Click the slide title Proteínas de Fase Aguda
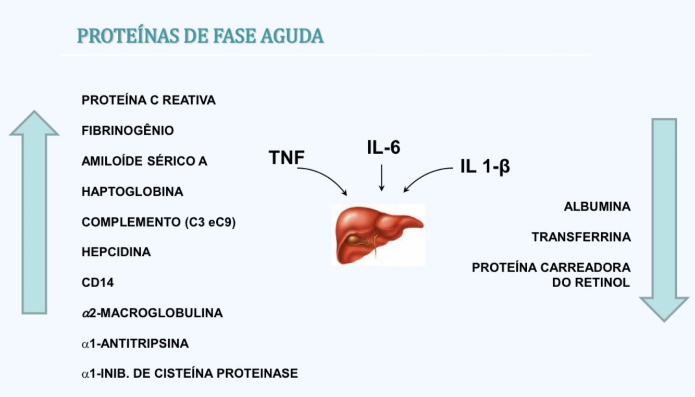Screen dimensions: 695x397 pos(201,36)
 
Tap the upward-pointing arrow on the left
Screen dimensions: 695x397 pos(34,214)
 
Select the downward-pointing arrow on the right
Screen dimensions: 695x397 pos(664,219)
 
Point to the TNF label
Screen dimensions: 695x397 pos(286,157)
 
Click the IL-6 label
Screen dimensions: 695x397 pos(383,148)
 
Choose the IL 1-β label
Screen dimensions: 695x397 pos(485,167)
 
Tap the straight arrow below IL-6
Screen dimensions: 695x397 pos(381,178)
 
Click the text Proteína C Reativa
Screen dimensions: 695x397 pos(148,100)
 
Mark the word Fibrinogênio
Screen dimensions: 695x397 pos(128,131)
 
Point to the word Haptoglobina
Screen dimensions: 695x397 pos(132,192)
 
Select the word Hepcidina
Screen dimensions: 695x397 pos(116,252)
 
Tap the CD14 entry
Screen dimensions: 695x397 pos(97,283)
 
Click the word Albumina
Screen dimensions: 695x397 pos(597,207)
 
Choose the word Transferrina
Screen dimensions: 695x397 pos(581,237)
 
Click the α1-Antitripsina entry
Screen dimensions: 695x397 pos(135,344)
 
